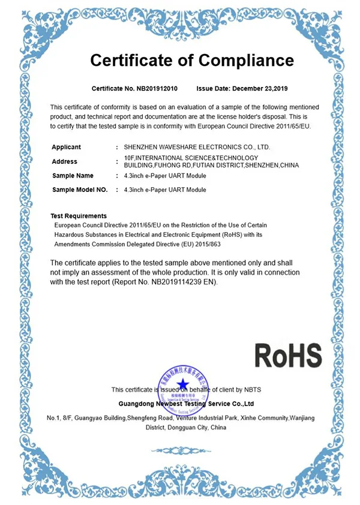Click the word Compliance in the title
246,60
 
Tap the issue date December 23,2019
249,89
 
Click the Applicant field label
66,147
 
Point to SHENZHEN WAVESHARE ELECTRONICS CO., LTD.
197,147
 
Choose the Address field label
64,161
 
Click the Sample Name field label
73,176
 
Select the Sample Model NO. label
80,190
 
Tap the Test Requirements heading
79,216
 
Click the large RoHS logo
288,356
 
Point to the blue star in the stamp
182,381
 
